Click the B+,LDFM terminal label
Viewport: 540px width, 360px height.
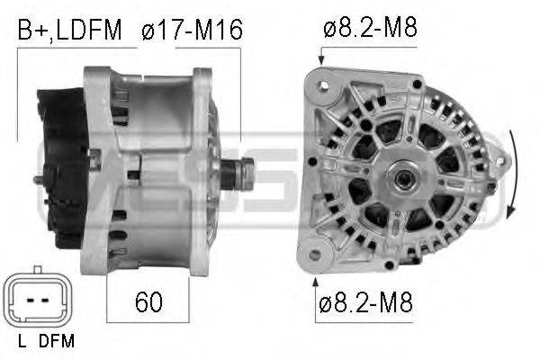69,31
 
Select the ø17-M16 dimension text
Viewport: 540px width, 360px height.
192,31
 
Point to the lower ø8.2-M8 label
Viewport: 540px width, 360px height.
364,301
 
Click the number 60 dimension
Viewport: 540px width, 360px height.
148,301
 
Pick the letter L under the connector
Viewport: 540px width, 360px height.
21,341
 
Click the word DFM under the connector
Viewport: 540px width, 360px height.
58,341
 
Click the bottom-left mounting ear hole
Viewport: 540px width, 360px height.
314,254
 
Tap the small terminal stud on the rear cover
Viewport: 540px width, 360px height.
39,180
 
